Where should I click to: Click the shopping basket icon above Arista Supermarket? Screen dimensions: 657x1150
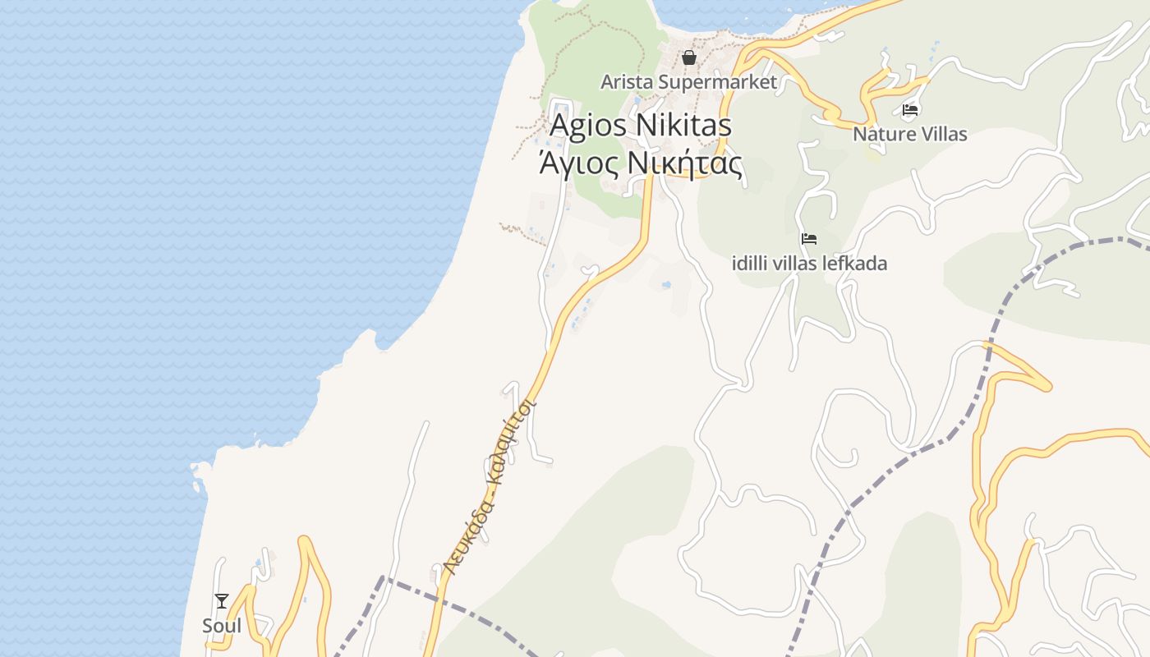pos(688,57)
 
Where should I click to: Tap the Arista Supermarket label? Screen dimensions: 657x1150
pos(688,82)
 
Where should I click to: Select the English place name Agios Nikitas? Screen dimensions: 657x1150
pos(640,126)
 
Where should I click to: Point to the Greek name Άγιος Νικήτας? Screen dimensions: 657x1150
pos(640,163)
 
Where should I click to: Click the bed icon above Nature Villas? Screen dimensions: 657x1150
pos(909,109)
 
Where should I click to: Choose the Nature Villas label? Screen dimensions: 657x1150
pos(909,134)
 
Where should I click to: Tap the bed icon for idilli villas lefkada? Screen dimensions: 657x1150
pos(809,239)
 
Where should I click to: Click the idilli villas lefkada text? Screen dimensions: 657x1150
pos(809,264)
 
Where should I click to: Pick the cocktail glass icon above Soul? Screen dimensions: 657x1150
pos(222,601)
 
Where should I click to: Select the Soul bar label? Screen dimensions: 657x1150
pos(222,626)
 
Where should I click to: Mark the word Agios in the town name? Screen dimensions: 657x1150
pos(585,126)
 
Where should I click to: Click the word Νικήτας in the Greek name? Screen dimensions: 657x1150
pos(685,163)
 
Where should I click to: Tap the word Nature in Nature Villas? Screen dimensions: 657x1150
pos(881,134)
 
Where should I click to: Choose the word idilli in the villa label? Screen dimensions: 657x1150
pos(750,264)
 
